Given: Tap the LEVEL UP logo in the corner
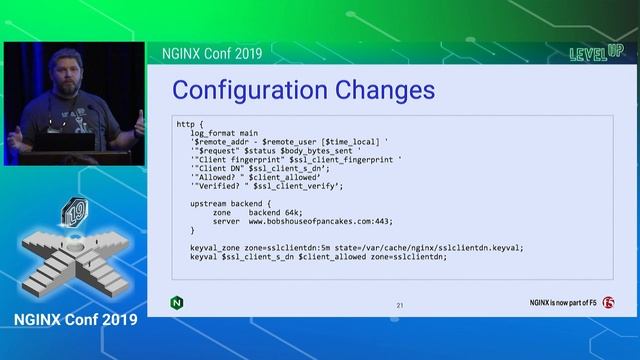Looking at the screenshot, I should tap(595, 52).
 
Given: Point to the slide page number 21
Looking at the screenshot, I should tap(400, 305).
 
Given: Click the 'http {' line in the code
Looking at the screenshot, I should tap(188, 124).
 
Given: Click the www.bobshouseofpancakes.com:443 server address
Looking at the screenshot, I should tap(320, 221).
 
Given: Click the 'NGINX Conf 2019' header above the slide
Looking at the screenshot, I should tap(213, 52).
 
